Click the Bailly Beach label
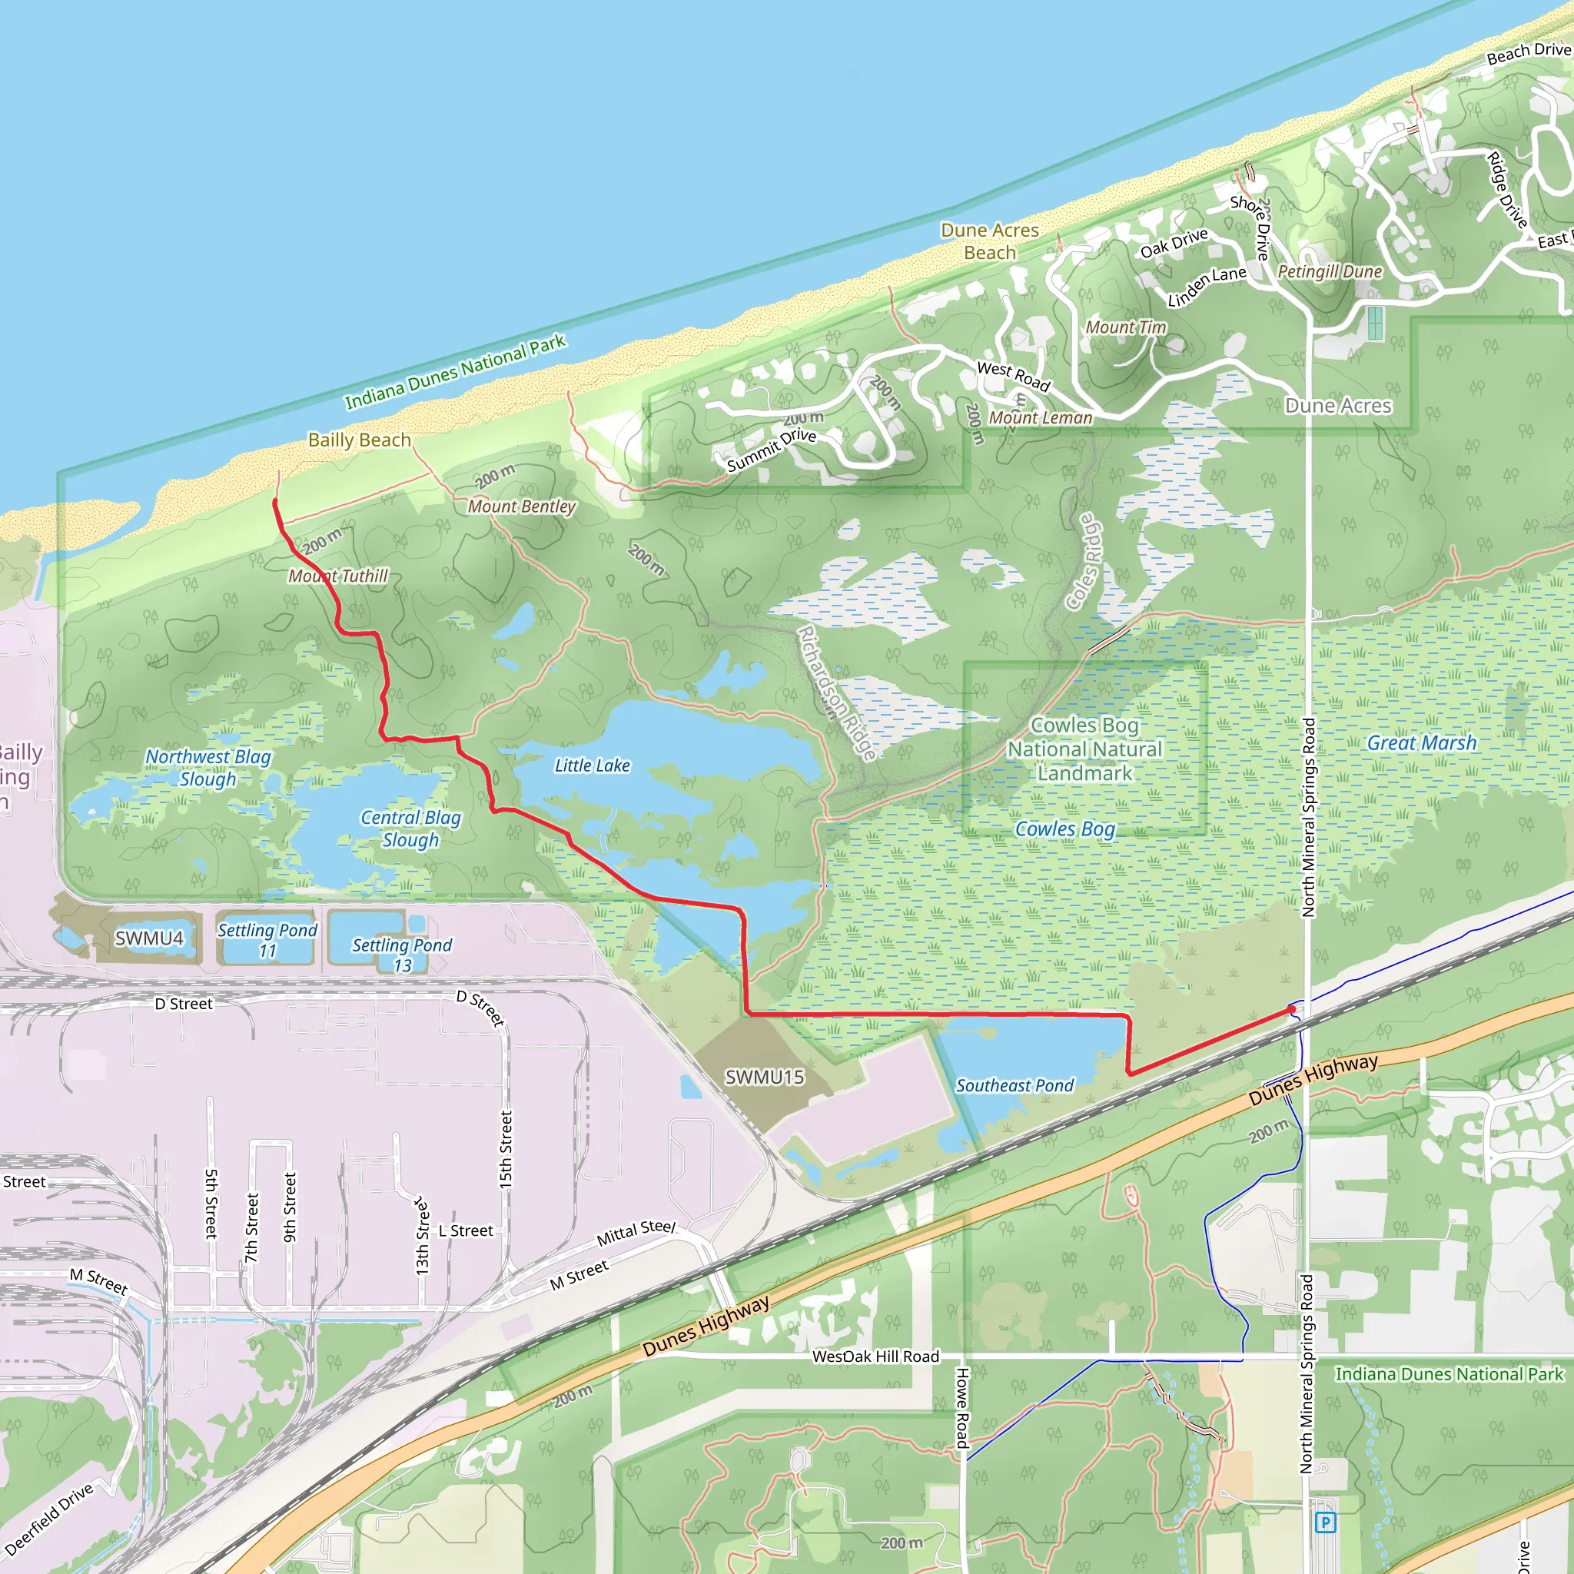pyautogui.click(x=359, y=440)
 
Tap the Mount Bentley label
pyautogui.click(x=521, y=506)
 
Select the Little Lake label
pyautogui.click(x=593, y=765)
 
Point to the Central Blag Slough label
pyautogui.click(x=410, y=828)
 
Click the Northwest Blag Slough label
pyautogui.click(x=208, y=768)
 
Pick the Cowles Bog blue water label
pyautogui.click(x=1064, y=829)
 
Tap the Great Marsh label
pyautogui.click(x=1422, y=743)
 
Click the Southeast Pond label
pyautogui.click(x=1014, y=1085)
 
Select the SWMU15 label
pyautogui.click(x=764, y=1077)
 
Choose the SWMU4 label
pyautogui.click(x=149, y=938)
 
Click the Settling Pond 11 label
pyautogui.click(x=267, y=940)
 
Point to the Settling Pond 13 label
pyautogui.click(x=402, y=955)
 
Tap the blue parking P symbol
pyautogui.click(x=1326, y=1522)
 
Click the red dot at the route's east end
pyautogui.click(x=1292, y=1009)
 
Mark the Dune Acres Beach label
pyautogui.click(x=990, y=241)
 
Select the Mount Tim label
pyautogui.click(x=1126, y=327)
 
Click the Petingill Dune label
pyautogui.click(x=1330, y=271)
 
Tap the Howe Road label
pyautogui.click(x=962, y=1407)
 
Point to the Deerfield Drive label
pyautogui.click(x=49, y=1519)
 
